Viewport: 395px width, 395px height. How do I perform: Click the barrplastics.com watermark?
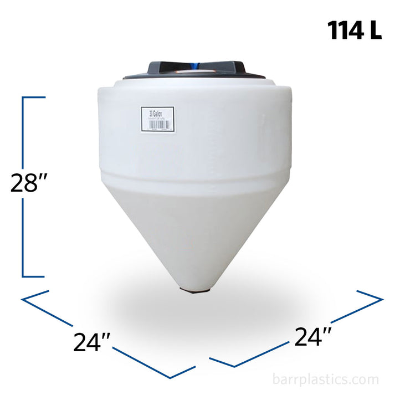tap(326, 379)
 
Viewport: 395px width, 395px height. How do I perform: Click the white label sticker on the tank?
tap(157, 119)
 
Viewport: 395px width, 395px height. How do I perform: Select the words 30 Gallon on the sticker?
tap(153, 114)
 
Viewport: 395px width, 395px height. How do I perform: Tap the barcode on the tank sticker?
tap(157, 125)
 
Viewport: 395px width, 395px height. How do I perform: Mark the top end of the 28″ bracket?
tap(33, 98)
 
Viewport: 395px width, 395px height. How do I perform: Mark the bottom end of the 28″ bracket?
tap(33, 275)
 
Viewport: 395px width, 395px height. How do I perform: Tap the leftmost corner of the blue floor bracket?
tap(22, 300)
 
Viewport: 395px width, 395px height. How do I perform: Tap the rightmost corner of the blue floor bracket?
tap(382, 300)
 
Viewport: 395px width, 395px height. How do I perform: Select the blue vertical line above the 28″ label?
tap(23, 133)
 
